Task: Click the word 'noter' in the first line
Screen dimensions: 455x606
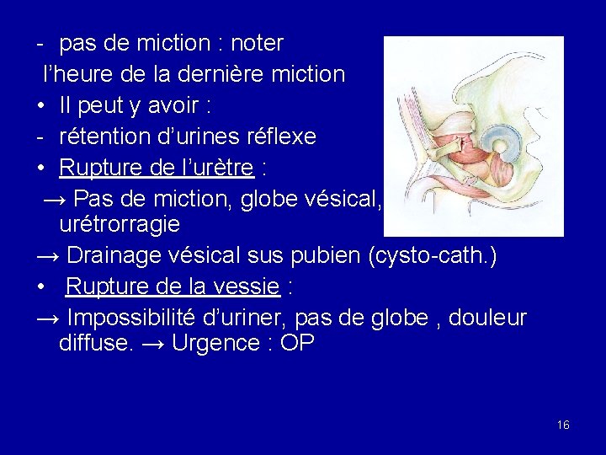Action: (x=257, y=43)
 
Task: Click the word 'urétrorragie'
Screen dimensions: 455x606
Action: (x=120, y=225)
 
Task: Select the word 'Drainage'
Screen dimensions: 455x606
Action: (x=120, y=255)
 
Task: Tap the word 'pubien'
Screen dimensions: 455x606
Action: (x=322, y=255)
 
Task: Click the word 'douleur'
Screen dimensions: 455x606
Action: (x=488, y=318)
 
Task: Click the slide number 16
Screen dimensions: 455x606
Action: (x=563, y=425)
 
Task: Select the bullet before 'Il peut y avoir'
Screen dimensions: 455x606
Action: (x=41, y=106)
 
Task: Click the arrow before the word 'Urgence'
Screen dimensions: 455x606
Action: (x=152, y=344)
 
